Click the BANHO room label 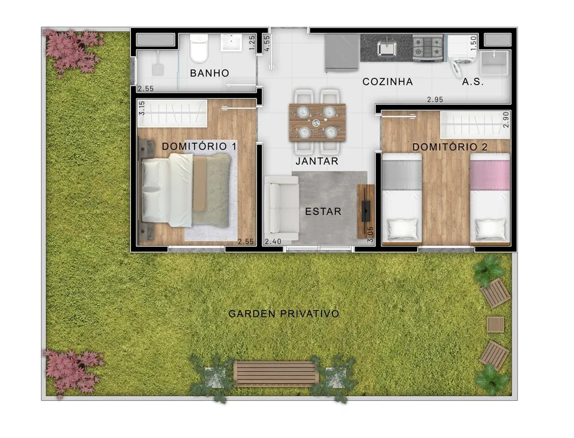(210, 73)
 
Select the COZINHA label (387, 81)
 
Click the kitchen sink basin (387, 48)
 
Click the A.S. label (473, 82)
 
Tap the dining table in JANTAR (317, 123)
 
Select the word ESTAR (323, 212)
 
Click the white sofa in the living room (281, 209)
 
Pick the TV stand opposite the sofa (366, 212)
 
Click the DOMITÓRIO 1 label (199, 146)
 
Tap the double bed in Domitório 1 (185, 190)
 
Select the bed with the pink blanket (490, 199)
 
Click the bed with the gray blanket (402, 199)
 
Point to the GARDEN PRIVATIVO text (284, 314)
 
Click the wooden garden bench (276, 374)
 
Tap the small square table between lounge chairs (495, 324)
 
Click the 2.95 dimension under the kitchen (435, 99)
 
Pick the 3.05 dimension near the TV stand (370, 235)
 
